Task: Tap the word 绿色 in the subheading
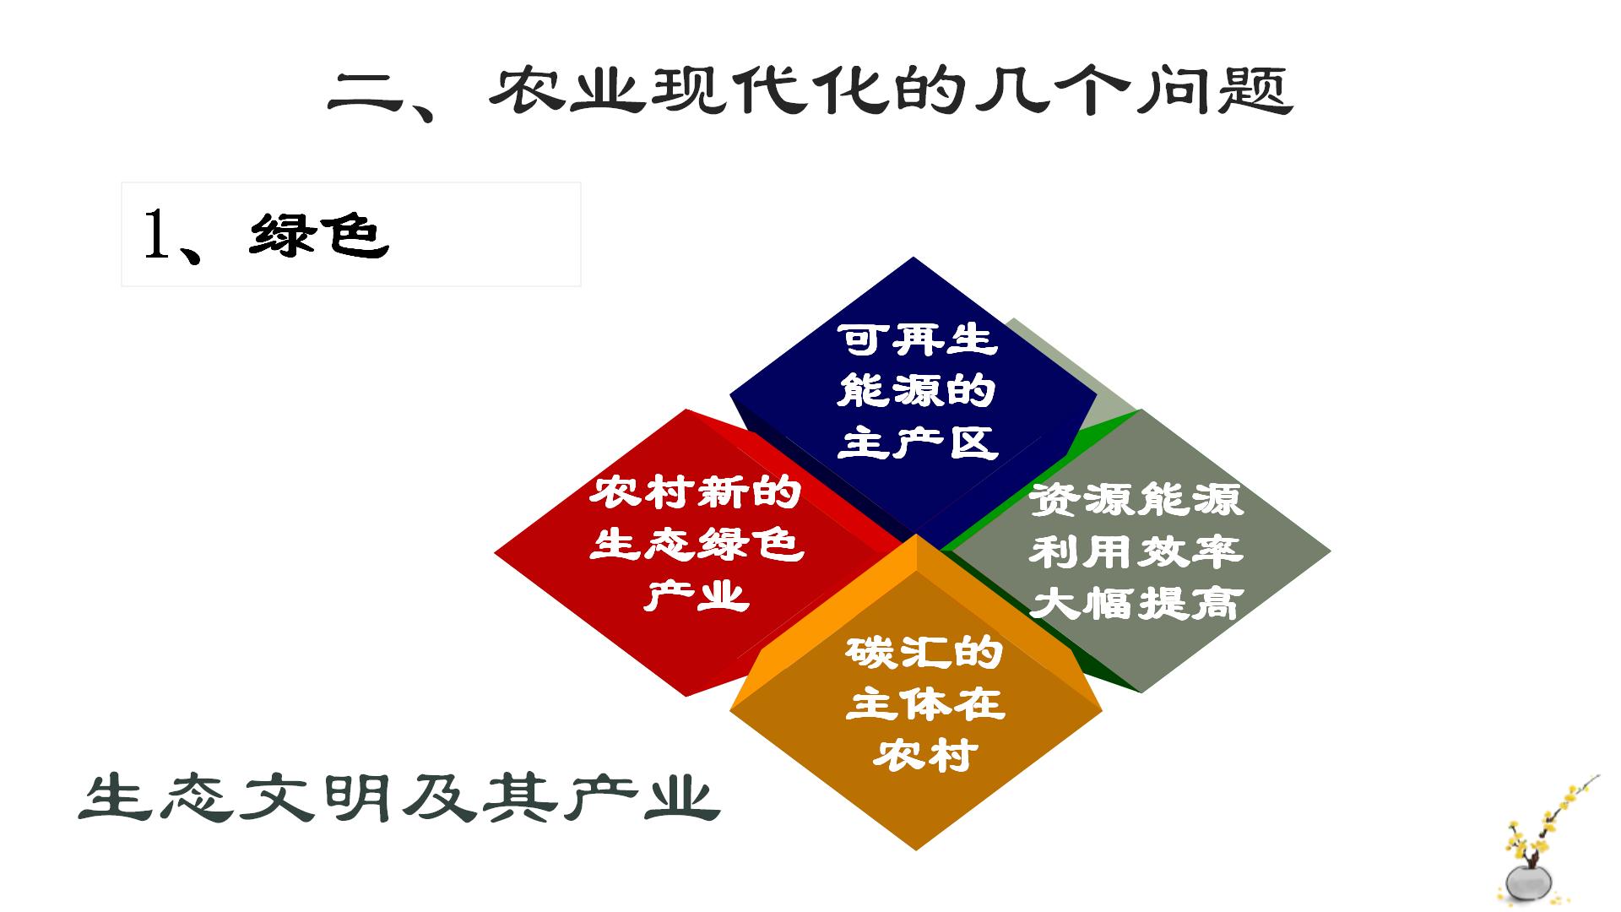(x=319, y=234)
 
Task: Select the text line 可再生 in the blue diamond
(x=918, y=340)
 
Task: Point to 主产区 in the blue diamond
(x=918, y=442)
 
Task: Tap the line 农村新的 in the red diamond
(x=695, y=492)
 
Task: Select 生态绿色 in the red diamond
(x=697, y=544)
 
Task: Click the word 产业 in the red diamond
(x=697, y=595)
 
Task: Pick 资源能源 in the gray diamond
(x=1136, y=500)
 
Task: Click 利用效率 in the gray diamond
(x=1136, y=552)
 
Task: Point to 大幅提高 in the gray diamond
(x=1136, y=604)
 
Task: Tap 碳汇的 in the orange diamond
(x=924, y=653)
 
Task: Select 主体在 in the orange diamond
(x=924, y=703)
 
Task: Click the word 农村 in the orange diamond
(x=924, y=755)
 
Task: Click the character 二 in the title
(x=365, y=95)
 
